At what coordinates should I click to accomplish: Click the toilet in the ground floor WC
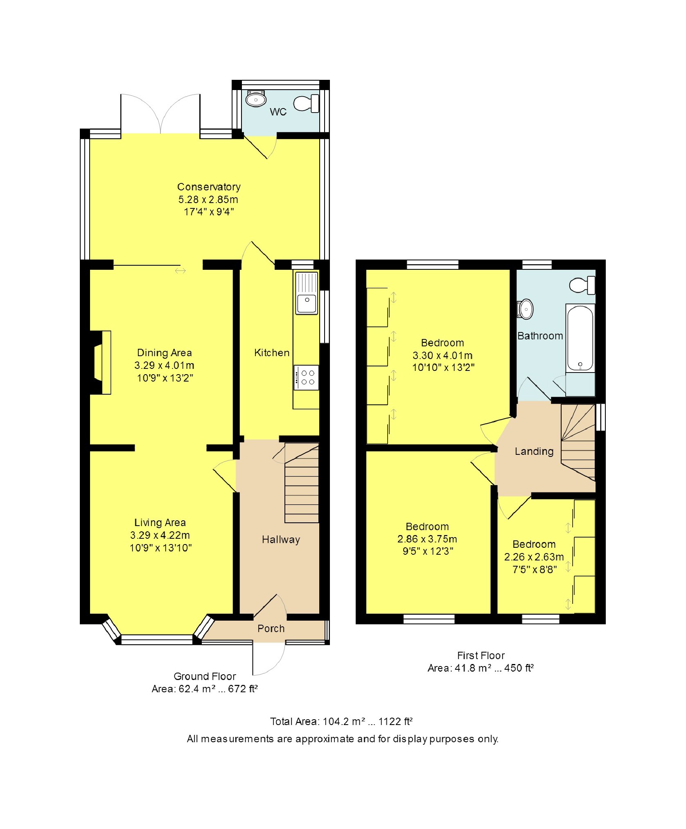pyautogui.click(x=306, y=103)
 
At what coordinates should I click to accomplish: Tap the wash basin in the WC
pyautogui.click(x=256, y=99)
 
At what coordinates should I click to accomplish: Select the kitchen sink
pyautogui.click(x=307, y=293)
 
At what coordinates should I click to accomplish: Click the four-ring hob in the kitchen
pyautogui.click(x=306, y=377)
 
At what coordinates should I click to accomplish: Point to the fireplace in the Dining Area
pyautogui.click(x=101, y=362)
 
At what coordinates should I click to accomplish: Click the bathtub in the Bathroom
pyautogui.click(x=580, y=338)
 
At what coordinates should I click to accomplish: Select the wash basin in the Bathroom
pyautogui.click(x=526, y=309)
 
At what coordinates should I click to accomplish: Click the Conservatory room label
pyautogui.click(x=209, y=187)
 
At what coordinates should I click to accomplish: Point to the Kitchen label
pyautogui.click(x=272, y=352)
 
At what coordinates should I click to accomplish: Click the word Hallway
pyautogui.click(x=281, y=540)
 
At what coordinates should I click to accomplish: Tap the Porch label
pyautogui.click(x=271, y=628)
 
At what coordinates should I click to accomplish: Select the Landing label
pyautogui.click(x=534, y=451)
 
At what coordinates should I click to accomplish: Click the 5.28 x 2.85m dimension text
pyautogui.click(x=208, y=199)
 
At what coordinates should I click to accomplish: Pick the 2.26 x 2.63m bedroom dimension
pyautogui.click(x=534, y=557)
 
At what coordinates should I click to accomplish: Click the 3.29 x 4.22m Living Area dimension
pyautogui.click(x=160, y=535)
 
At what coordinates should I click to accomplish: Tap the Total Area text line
pyautogui.click(x=341, y=721)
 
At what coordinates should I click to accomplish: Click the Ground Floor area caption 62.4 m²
pyautogui.click(x=205, y=689)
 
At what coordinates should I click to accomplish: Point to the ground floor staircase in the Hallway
pyautogui.click(x=302, y=483)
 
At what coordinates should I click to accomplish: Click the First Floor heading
pyautogui.click(x=481, y=655)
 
